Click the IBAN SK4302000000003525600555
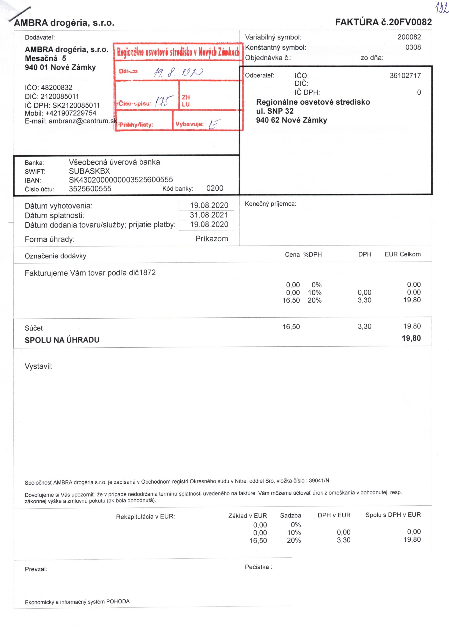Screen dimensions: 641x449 click(x=121, y=180)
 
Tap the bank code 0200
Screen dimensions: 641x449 click(x=215, y=188)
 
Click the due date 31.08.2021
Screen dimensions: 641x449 click(x=209, y=215)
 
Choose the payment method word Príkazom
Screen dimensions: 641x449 click(x=212, y=239)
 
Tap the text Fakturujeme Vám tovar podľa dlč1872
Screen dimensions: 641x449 click(x=90, y=273)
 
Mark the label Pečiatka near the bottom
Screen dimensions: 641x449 click(x=258, y=567)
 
